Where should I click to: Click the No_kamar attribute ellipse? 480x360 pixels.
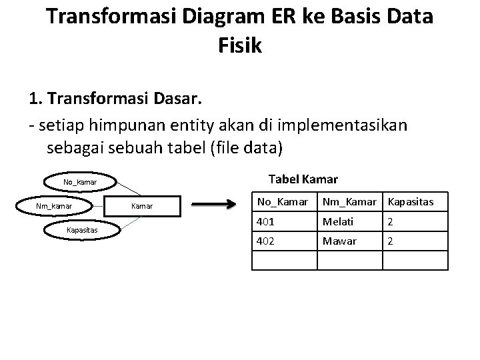[x=80, y=182]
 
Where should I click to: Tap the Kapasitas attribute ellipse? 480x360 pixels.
[x=81, y=229]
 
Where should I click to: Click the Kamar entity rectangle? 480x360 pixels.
[x=141, y=206]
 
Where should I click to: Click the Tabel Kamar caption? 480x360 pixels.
[x=302, y=179]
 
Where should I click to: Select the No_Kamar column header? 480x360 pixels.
[x=283, y=201]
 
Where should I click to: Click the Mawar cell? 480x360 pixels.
[x=339, y=240]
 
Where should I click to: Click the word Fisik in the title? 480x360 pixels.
[x=239, y=46]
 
